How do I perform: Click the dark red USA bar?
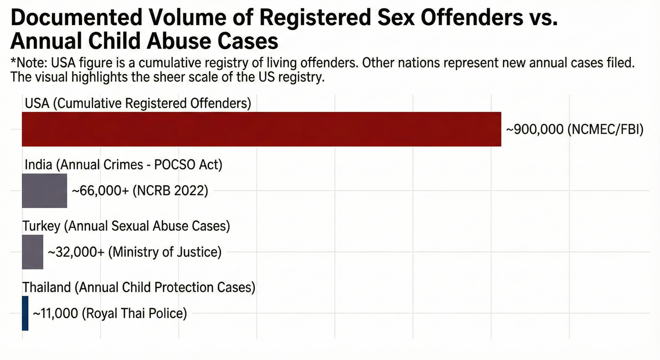coord(262,129)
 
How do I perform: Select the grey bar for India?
coord(45,191)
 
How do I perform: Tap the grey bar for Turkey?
coord(33,252)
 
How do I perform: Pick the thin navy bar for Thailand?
coord(25,313)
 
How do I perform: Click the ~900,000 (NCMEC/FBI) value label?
coord(575,129)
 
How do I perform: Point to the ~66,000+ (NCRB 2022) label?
coord(140,191)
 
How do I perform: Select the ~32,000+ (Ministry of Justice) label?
coord(135,252)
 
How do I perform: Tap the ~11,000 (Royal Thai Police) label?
coord(110,313)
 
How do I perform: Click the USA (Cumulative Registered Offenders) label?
coord(138,103)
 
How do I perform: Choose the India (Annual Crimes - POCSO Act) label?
coord(123,165)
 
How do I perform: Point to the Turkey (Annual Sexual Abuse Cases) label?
coord(126,226)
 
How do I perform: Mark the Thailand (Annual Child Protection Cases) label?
coord(139,287)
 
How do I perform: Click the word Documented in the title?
coord(77,18)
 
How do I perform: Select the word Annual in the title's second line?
coord(47,41)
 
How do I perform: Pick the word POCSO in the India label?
coord(174,165)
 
